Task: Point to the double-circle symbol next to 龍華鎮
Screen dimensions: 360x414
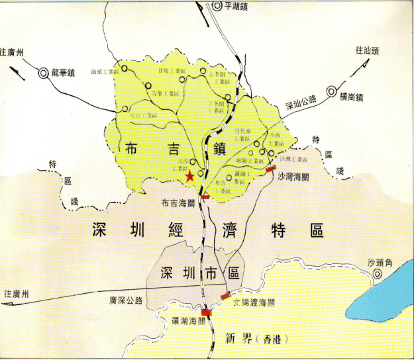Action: point(43,73)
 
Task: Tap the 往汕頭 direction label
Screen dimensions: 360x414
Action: point(369,50)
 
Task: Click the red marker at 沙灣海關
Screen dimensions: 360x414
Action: point(270,170)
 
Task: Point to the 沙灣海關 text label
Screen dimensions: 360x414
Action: point(292,177)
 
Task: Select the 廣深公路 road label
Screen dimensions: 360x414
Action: point(127,300)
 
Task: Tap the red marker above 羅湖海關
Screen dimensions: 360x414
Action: point(207,312)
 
